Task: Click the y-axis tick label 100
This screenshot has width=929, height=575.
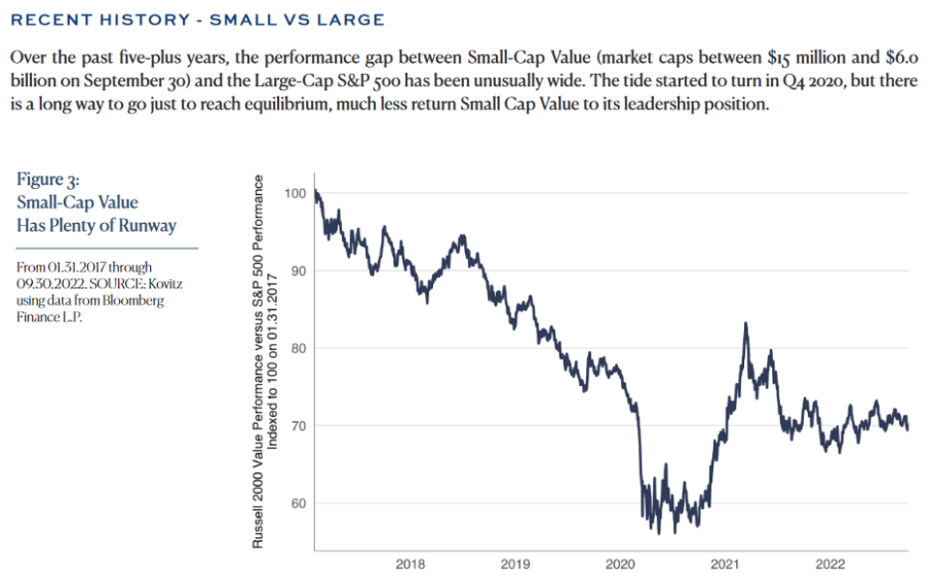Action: tap(295, 193)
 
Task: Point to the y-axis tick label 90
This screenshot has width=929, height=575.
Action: tap(298, 271)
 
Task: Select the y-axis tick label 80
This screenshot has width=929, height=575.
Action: tap(298, 348)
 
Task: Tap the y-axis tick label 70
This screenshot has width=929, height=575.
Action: tap(298, 426)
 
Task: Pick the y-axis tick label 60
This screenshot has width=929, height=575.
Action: tap(298, 503)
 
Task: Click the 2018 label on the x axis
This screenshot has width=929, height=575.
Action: tap(411, 563)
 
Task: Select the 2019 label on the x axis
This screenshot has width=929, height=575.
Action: tap(515, 563)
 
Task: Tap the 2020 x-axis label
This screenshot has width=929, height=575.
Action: tap(620, 563)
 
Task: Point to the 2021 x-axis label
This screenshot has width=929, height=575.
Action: tap(725, 563)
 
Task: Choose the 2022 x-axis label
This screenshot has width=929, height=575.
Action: tap(829, 563)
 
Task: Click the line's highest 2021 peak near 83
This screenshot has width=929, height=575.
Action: tap(746, 324)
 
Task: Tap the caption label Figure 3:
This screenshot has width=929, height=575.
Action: tap(48, 180)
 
